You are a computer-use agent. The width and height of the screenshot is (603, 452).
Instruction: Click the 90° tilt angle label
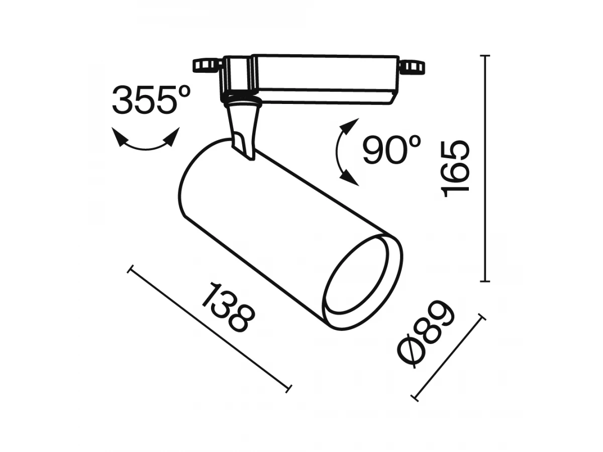click(392, 149)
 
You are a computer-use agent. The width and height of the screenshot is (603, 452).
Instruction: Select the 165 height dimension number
click(455, 169)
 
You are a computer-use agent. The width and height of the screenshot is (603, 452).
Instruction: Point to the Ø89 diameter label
click(426, 334)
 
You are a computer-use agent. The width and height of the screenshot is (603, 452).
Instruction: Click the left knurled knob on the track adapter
click(207, 65)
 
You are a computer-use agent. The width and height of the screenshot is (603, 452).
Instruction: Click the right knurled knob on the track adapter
click(412, 67)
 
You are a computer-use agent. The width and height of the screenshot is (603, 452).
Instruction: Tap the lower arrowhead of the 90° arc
click(349, 178)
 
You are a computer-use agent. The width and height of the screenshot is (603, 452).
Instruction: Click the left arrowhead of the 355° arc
click(119, 137)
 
